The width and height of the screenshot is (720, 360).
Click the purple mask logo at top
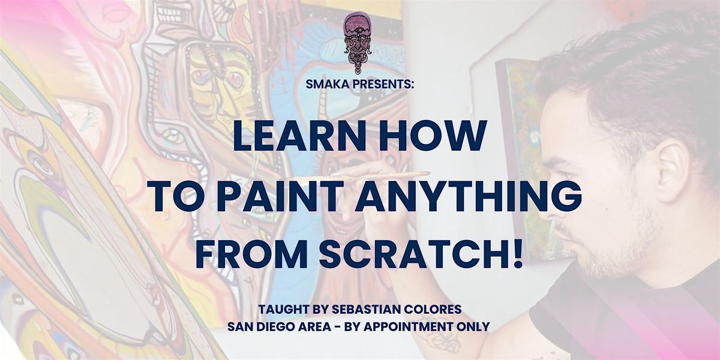coord(359,43)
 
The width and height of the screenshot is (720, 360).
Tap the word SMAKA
coord(327,84)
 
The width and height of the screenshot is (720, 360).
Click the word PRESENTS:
coord(383,84)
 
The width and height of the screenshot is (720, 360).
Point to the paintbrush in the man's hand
coord(386,176)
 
